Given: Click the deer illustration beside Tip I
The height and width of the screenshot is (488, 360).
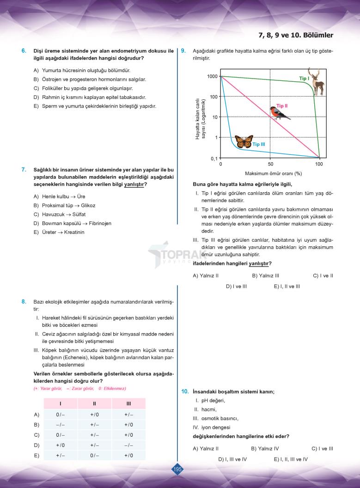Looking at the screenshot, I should (317, 82).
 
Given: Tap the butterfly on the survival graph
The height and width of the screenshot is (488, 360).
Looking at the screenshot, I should (244, 141).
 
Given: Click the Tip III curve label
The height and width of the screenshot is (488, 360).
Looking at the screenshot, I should (259, 144).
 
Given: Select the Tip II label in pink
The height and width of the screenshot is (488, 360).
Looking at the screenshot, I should (282, 106).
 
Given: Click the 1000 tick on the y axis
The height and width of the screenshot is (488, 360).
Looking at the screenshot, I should (212, 76).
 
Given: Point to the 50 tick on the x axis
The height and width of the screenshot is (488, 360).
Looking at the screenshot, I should (270, 164).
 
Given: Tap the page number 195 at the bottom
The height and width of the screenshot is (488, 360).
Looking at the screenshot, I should (177, 470).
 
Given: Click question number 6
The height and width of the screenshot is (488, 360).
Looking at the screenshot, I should (24, 50).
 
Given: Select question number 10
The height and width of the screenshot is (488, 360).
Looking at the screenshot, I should (185, 391).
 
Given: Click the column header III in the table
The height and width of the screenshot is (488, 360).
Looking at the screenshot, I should (128, 403).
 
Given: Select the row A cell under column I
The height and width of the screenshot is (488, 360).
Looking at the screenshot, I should (61, 415).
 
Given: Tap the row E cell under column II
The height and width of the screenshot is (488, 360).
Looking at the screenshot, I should (94, 455).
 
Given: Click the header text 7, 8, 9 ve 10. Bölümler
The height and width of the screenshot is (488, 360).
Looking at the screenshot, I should (296, 35).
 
